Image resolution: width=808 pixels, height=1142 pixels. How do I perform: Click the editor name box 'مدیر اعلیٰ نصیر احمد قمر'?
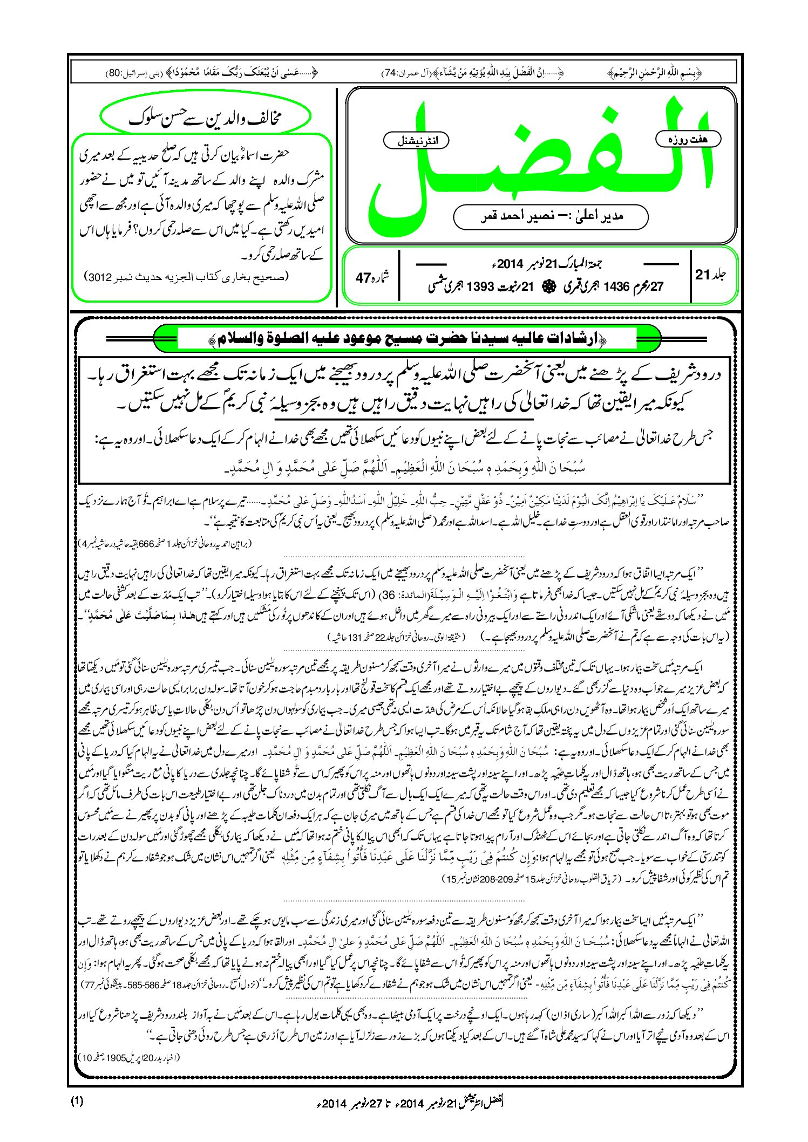(551, 216)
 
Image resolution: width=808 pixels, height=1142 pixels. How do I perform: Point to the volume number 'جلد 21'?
(711, 275)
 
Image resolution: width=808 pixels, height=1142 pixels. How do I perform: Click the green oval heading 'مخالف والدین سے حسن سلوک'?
(206, 117)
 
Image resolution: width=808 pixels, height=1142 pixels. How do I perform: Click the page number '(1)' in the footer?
(77, 1100)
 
